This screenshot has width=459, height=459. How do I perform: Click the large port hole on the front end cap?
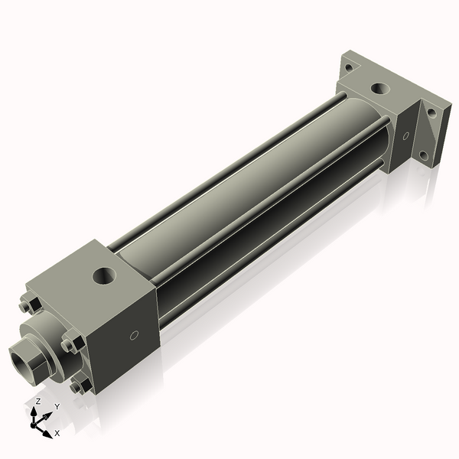click(x=103, y=275)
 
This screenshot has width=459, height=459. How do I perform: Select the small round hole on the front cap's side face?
click(x=135, y=334)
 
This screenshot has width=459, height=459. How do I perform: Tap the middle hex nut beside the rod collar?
click(x=70, y=344)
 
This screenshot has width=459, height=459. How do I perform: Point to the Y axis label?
click(x=57, y=406)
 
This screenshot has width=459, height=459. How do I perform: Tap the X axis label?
click(x=57, y=433)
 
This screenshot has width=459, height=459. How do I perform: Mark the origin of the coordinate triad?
click(x=36, y=422)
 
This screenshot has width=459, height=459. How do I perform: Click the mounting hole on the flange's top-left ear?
click(x=350, y=67)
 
